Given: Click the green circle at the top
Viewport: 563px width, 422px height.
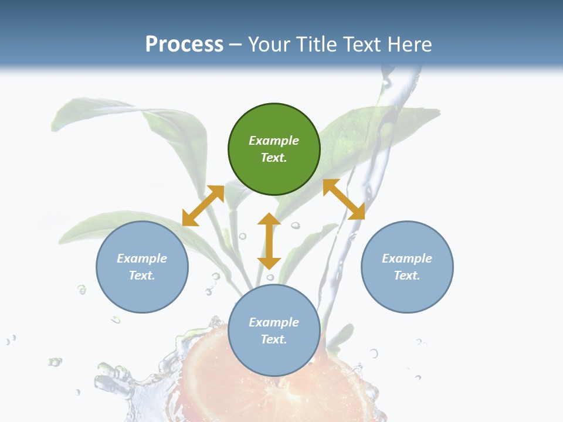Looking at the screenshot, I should coord(274,149).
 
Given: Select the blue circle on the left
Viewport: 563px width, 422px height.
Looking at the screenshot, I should coord(142,267).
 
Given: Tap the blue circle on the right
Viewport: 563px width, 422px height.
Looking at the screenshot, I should coord(407,267).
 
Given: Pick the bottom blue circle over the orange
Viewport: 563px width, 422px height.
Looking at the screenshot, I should coord(274,331).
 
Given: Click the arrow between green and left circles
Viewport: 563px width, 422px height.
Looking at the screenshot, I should coord(203,206).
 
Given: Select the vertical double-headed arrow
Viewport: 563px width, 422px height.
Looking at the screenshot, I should coord(269,241).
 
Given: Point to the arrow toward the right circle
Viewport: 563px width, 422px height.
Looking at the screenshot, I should coord(344,199).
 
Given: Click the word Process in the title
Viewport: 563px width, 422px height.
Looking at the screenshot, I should coord(184,45).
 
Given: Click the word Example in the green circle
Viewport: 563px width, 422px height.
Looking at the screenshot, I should coord(274,141).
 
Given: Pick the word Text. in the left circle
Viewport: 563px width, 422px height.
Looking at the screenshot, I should coord(142,275).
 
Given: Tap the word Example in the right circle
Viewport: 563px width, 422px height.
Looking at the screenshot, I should coord(407,258).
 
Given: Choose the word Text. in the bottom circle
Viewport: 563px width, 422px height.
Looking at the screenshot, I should coord(274,339).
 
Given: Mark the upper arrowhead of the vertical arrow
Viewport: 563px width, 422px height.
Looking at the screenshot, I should coord(269,219).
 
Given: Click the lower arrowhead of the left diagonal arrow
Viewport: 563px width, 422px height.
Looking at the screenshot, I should coord(189,219).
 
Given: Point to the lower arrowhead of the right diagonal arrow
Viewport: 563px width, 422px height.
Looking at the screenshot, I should coord(357,213).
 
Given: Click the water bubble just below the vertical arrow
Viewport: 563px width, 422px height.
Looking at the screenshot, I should coord(270,277).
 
